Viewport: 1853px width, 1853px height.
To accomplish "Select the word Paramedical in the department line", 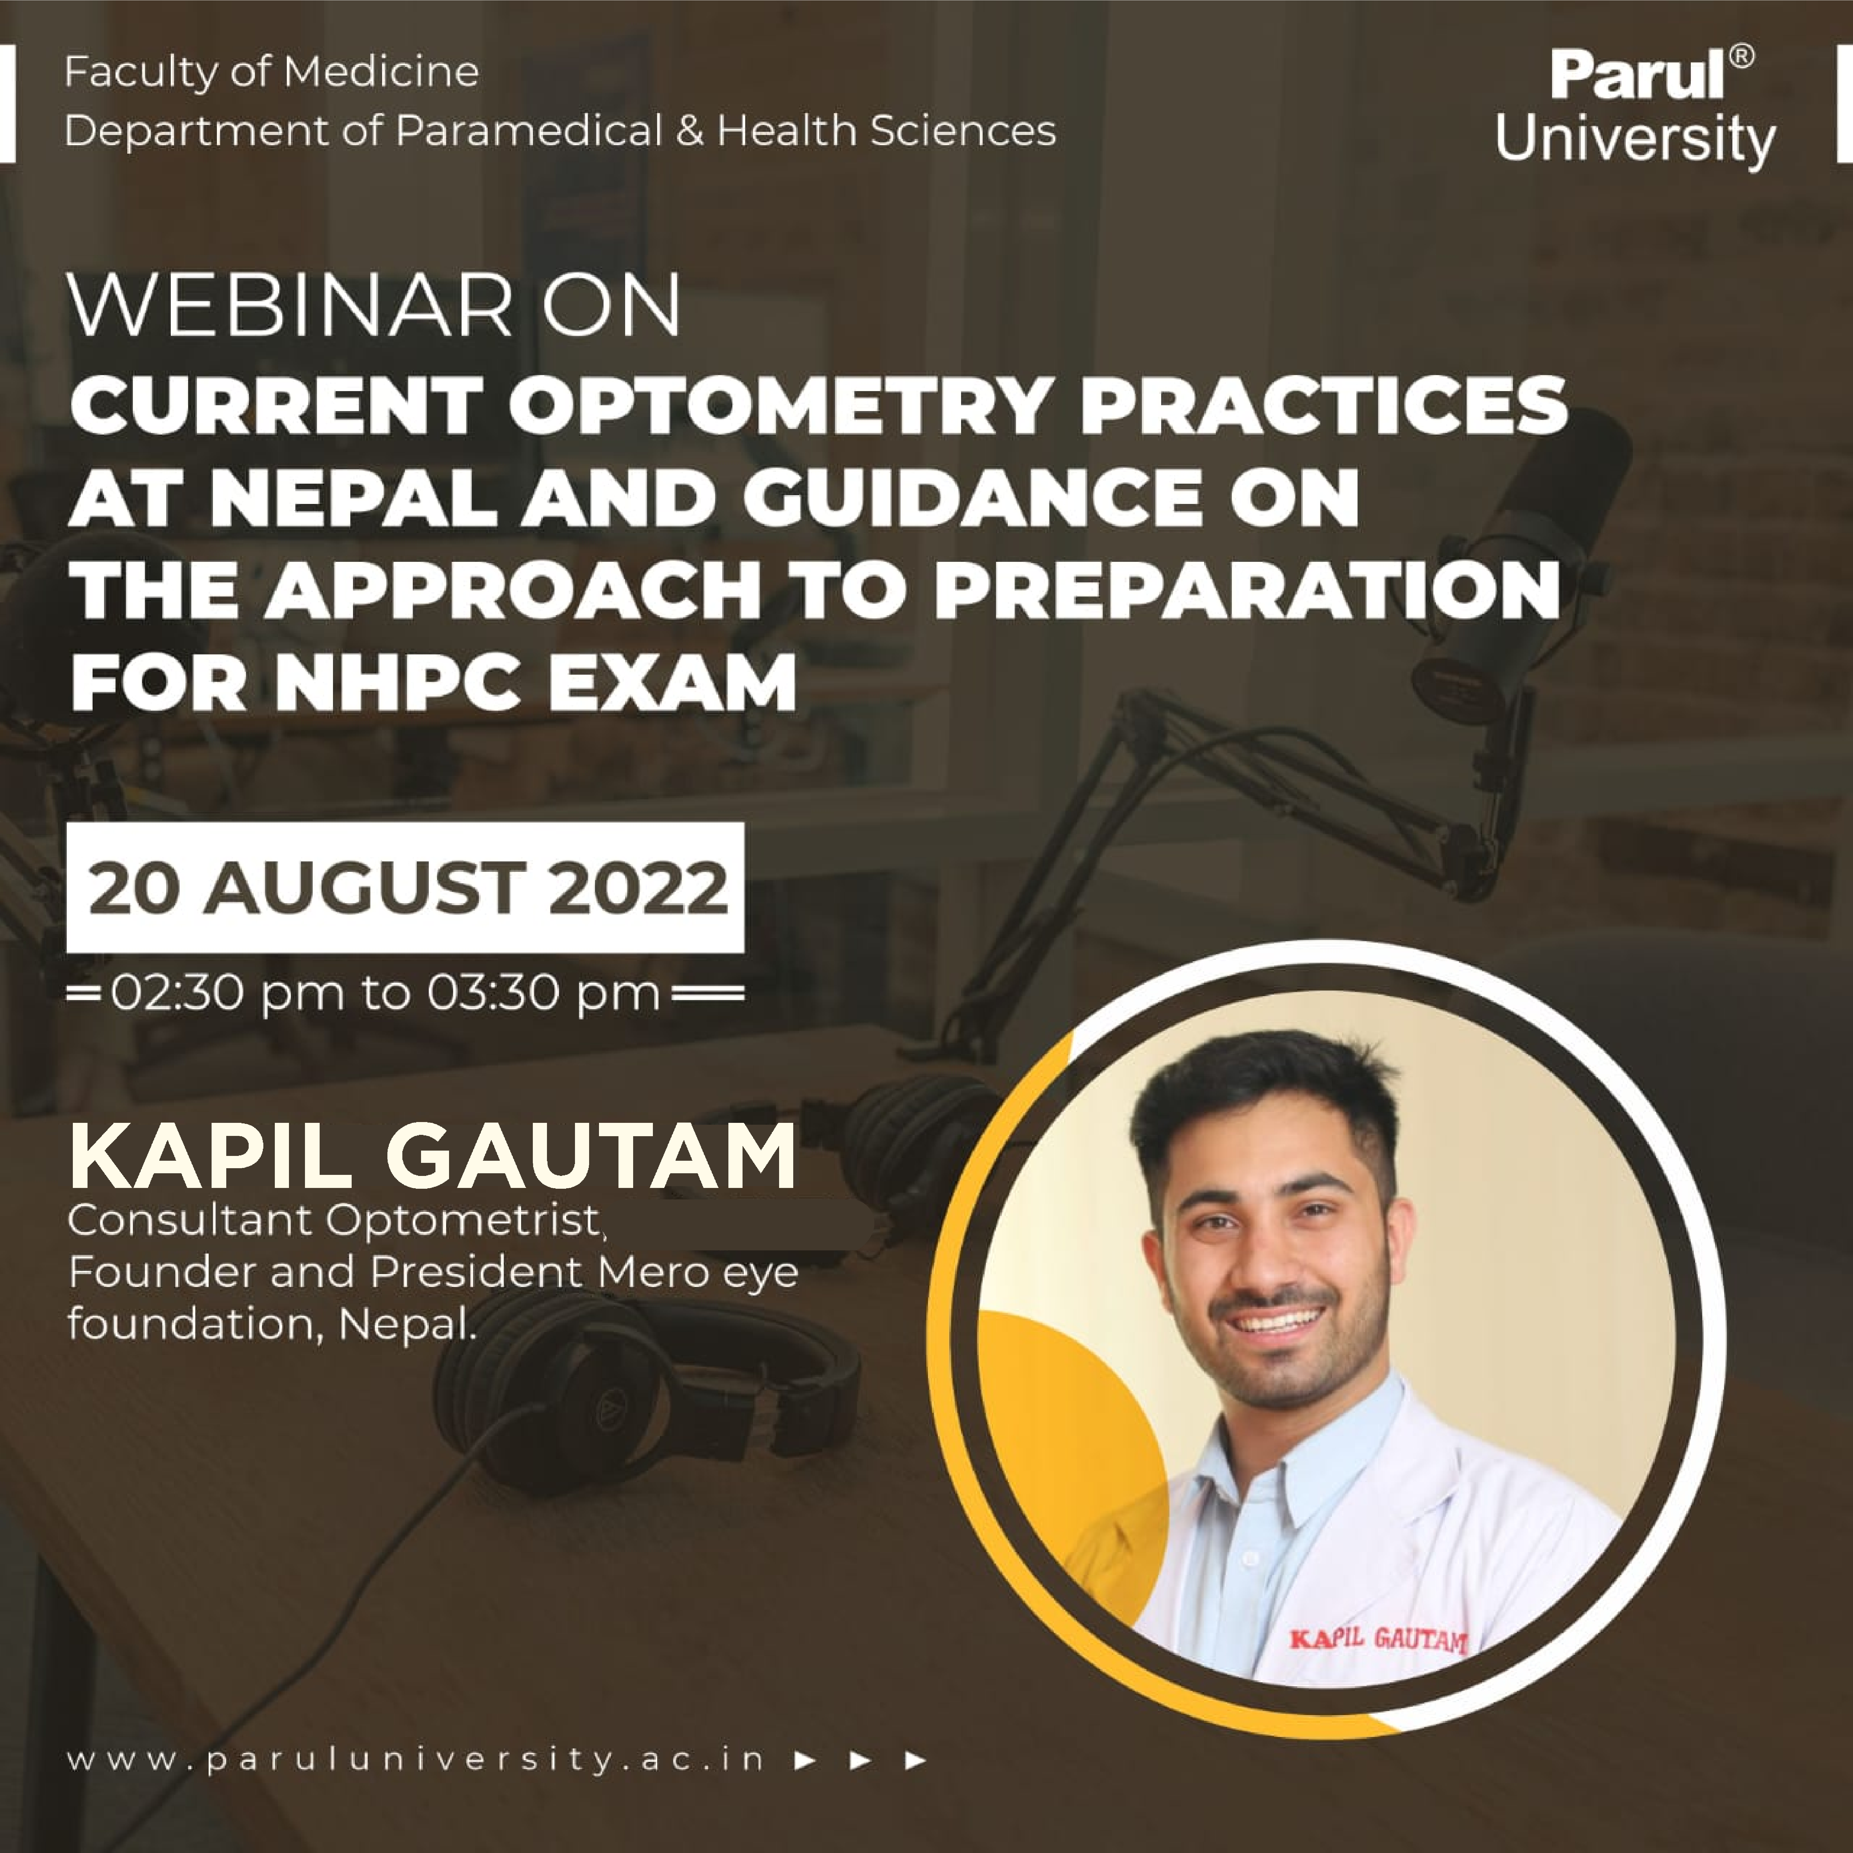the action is (529, 130).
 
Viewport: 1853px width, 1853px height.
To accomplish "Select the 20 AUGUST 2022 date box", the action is (405, 887).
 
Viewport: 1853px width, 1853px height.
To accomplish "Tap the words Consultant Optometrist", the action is (334, 1221).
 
